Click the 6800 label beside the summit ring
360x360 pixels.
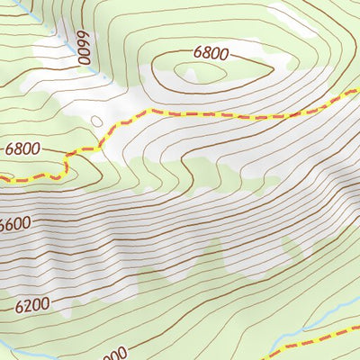point(210,52)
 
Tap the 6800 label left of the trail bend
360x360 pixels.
point(22,148)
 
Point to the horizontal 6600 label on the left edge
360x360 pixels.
point(14,224)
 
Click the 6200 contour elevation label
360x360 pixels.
point(32,306)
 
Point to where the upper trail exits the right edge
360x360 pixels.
point(357,93)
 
